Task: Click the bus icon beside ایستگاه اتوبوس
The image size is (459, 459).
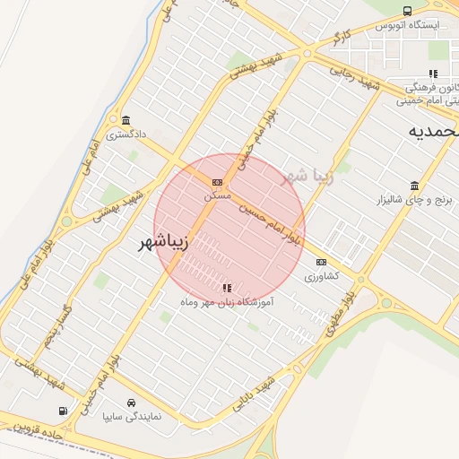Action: pyautogui.click(x=408, y=12)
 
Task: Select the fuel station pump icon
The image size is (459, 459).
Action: pyautogui.click(x=63, y=411)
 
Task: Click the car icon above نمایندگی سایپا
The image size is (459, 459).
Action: pyautogui.click(x=132, y=403)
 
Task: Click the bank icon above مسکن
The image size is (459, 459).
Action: pyautogui.click(x=216, y=181)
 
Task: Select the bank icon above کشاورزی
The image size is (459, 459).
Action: pyautogui.click(x=321, y=262)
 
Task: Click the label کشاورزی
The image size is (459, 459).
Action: pyautogui.click(x=321, y=275)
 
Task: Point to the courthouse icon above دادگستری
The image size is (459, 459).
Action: pyautogui.click(x=125, y=121)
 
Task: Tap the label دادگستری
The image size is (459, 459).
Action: pyautogui.click(x=125, y=135)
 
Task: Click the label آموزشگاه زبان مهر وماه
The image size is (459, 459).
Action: pyautogui.click(x=227, y=303)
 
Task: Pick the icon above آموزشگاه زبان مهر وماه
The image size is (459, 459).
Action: pyautogui.click(x=227, y=288)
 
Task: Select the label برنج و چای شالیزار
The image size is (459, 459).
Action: pyautogui.click(x=414, y=201)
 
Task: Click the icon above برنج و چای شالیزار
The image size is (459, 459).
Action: pyautogui.click(x=414, y=186)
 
